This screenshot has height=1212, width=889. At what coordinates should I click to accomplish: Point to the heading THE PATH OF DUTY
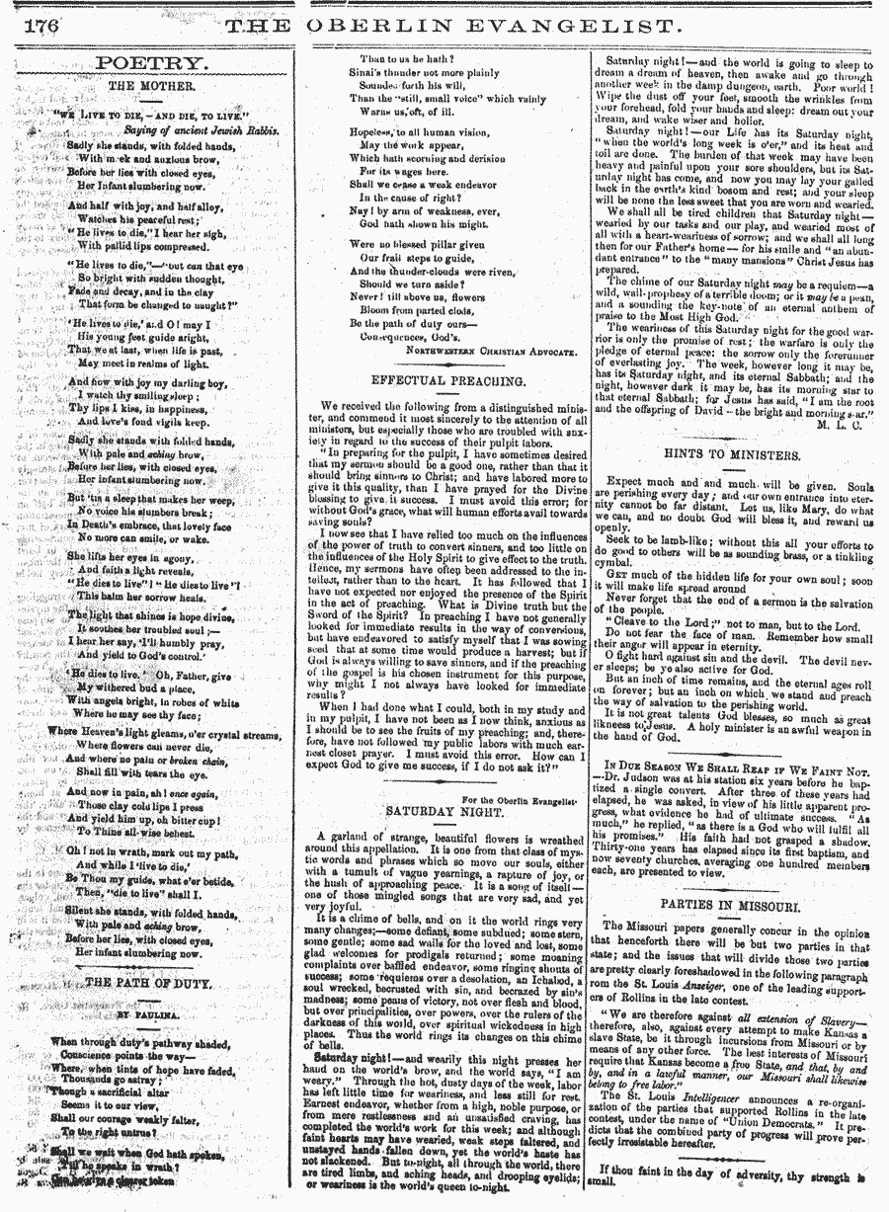point(144,982)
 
